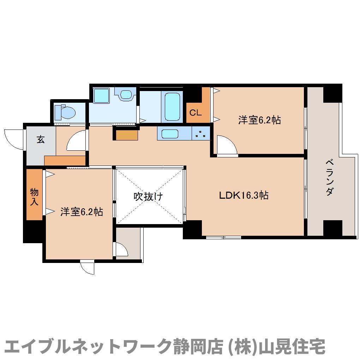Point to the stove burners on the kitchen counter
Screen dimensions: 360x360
pos(201,134)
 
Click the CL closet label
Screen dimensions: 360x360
pos(195,113)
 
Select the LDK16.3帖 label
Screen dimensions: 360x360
pos(244,195)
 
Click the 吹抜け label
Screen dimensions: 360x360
pos(148,196)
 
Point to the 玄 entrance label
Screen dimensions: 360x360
pos(41,139)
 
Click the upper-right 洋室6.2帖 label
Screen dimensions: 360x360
pos(259,120)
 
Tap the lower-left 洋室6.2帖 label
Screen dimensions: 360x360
pos(82,212)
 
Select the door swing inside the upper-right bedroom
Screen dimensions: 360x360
pos(226,145)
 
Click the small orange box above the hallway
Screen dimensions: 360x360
pos(126,135)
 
